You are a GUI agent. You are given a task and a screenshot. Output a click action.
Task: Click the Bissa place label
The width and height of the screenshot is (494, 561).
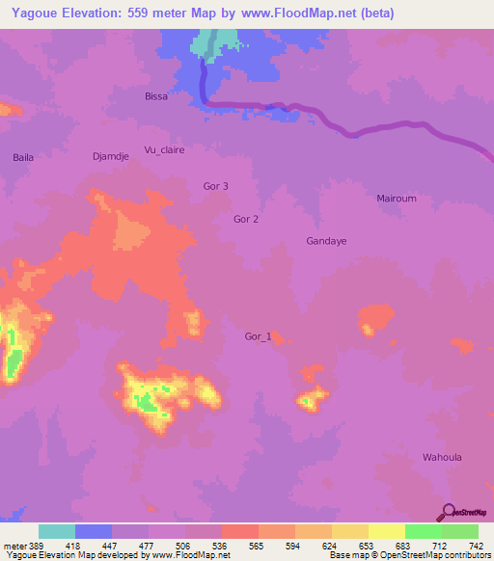point(155,96)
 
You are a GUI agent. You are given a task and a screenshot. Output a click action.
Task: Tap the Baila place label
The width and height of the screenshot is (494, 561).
point(23,156)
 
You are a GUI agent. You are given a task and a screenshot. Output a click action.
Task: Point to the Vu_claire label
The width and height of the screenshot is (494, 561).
point(164,150)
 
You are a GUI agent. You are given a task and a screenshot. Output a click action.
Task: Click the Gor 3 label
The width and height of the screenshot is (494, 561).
point(216,186)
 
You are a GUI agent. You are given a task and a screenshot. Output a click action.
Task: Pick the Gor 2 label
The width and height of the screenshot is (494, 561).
point(246,219)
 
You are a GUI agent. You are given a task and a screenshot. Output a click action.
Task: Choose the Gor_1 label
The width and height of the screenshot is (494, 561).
point(259,336)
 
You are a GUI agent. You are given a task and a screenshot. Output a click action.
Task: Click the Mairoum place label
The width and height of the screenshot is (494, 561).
point(397,198)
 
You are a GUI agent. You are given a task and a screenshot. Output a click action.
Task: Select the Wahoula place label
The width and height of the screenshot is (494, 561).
point(444,457)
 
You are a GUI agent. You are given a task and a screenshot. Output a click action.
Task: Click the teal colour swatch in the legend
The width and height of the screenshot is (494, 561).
point(57,531)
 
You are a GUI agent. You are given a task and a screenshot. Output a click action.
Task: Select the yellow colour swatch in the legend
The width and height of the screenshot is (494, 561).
point(387,531)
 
